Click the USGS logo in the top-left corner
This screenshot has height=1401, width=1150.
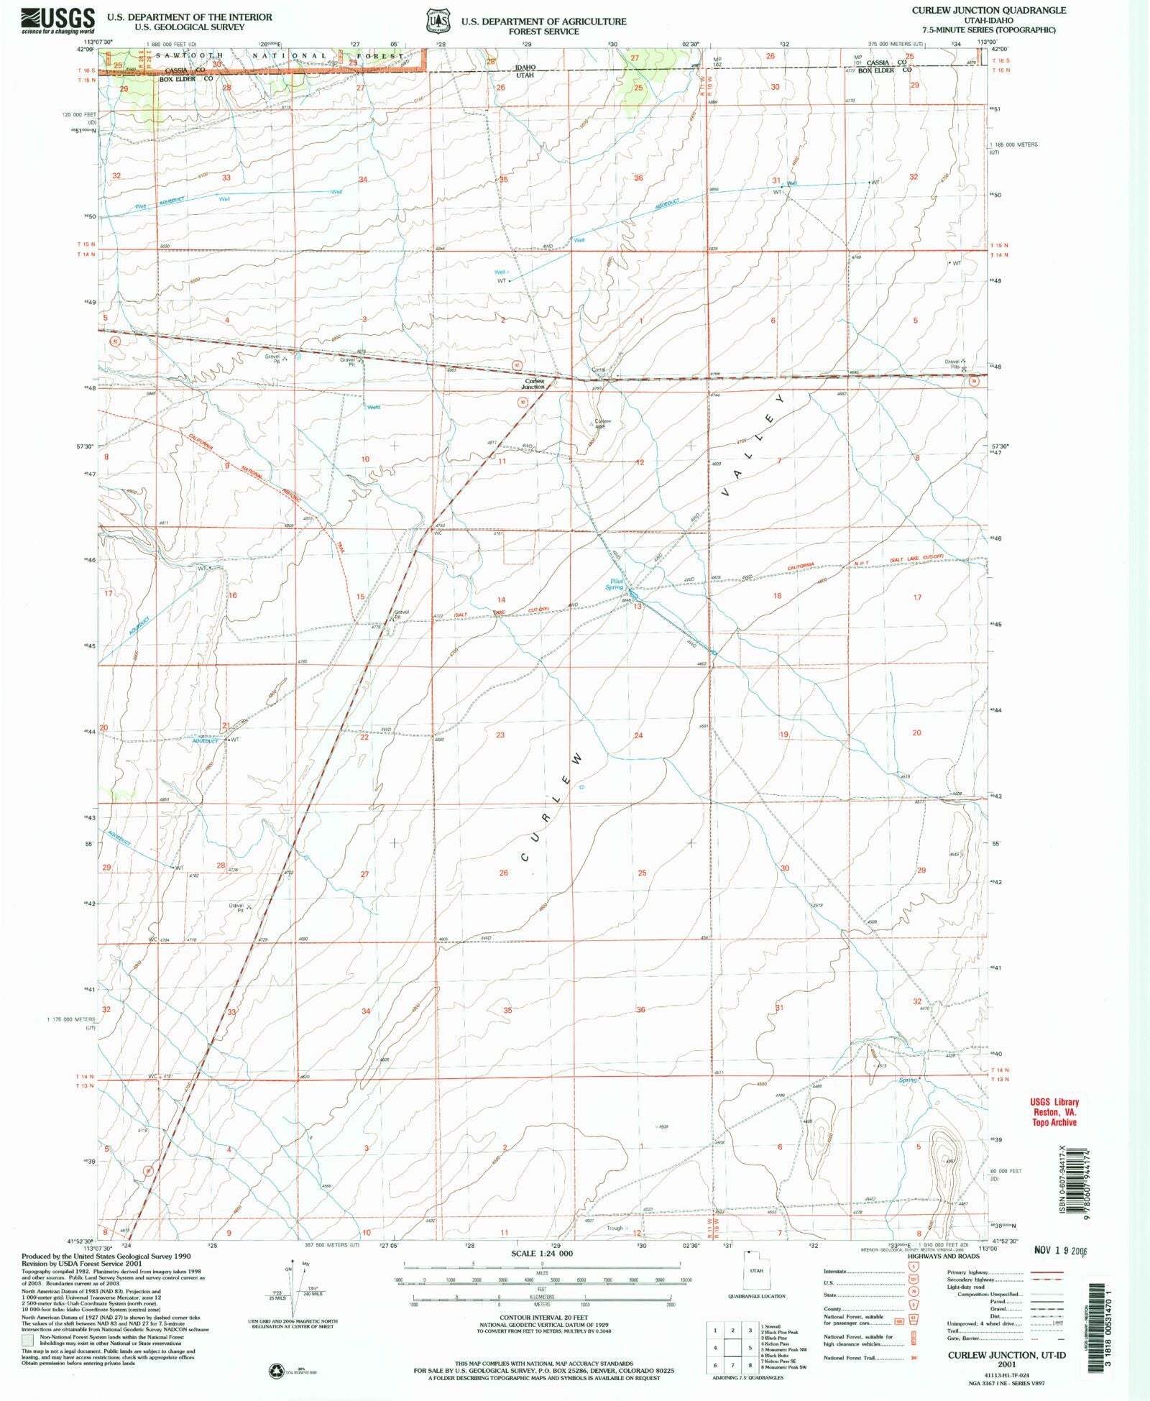[x=57, y=21]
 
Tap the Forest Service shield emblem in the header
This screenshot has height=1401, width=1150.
[x=436, y=22]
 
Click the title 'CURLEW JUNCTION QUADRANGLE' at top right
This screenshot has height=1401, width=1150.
[x=989, y=11]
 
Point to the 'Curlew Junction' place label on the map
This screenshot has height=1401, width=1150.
[x=534, y=384]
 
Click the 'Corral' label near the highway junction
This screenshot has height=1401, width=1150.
[x=598, y=369]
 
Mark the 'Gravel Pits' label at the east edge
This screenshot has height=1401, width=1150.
[x=953, y=364]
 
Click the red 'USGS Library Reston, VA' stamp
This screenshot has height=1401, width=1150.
[x=1054, y=1112]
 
